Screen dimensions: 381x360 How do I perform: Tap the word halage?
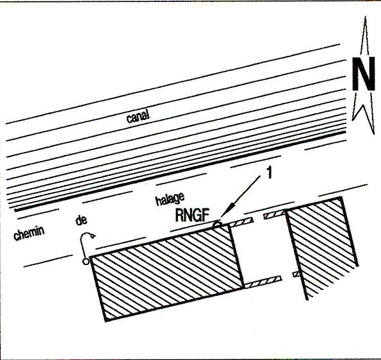(170, 200)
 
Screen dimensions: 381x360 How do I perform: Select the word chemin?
(29, 233)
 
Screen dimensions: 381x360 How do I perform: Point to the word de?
(81, 220)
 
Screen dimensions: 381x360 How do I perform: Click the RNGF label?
(192, 215)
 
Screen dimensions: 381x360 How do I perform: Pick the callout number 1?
(269, 173)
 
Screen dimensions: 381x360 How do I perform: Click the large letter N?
(364, 74)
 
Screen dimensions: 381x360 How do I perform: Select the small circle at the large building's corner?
(85, 261)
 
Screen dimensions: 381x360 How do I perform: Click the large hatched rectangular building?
(167, 273)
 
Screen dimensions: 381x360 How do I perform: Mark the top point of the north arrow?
(366, 17)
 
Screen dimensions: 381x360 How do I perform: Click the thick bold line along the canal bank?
(180, 171)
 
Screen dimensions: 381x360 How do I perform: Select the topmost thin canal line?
(173, 84)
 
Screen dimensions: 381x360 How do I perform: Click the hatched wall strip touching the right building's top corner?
(274, 215)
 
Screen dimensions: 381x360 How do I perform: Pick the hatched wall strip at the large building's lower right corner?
(263, 282)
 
